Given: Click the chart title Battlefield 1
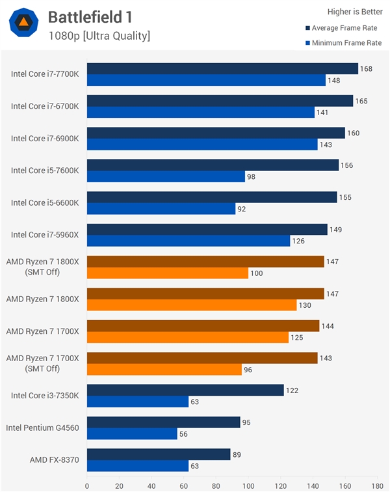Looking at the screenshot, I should coord(90,18).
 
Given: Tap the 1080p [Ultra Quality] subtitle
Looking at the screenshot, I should coord(99,36).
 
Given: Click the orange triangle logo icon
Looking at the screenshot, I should coord(23,24).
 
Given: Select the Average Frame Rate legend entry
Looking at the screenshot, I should coord(343,28).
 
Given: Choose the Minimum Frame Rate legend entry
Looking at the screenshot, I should coord(343,43).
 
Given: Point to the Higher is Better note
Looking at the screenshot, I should coord(355,12).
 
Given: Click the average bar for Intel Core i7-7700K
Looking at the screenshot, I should coord(222,69).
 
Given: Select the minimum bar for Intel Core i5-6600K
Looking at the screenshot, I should coord(161,209).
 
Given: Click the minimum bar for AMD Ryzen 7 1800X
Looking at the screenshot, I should coord(192,305).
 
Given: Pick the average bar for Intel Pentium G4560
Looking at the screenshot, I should coord(163,422).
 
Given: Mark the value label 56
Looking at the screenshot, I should coord(185,433).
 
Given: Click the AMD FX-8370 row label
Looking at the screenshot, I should coord(54,459).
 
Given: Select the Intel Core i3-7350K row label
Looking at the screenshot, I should coord(45,395).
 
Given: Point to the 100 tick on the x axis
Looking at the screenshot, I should coord(248,485).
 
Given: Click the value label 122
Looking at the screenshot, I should coord(292,390).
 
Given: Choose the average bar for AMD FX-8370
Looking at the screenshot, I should coord(159,454).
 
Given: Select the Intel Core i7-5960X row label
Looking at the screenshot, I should coord(45,235).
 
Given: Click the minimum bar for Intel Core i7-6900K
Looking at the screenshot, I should coord(202,144).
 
